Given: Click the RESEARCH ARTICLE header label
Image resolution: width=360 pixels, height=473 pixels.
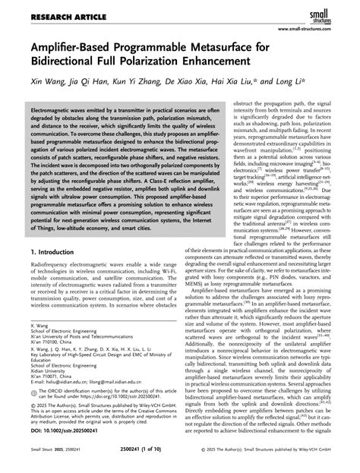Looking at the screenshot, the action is tap(48, 10).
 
